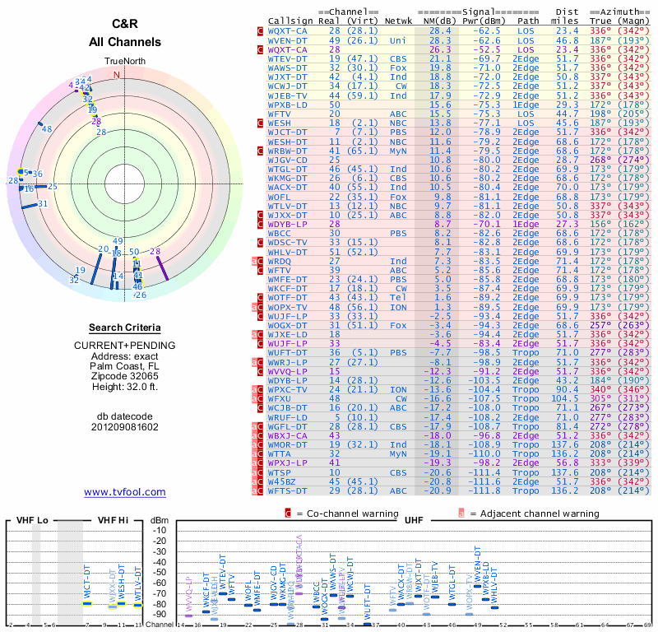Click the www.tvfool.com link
pyautogui.click(x=124, y=492)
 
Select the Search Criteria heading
pyautogui.click(x=124, y=328)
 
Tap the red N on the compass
pyautogui.click(x=116, y=75)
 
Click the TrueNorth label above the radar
pyautogui.click(x=123, y=62)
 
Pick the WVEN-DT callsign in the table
pyautogui.click(x=287, y=39)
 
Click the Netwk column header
pyautogui.click(x=400, y=20)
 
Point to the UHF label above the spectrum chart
pyautogui.click(x=414, y=520)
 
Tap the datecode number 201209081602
pyautogui.click(x=124, y=427)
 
